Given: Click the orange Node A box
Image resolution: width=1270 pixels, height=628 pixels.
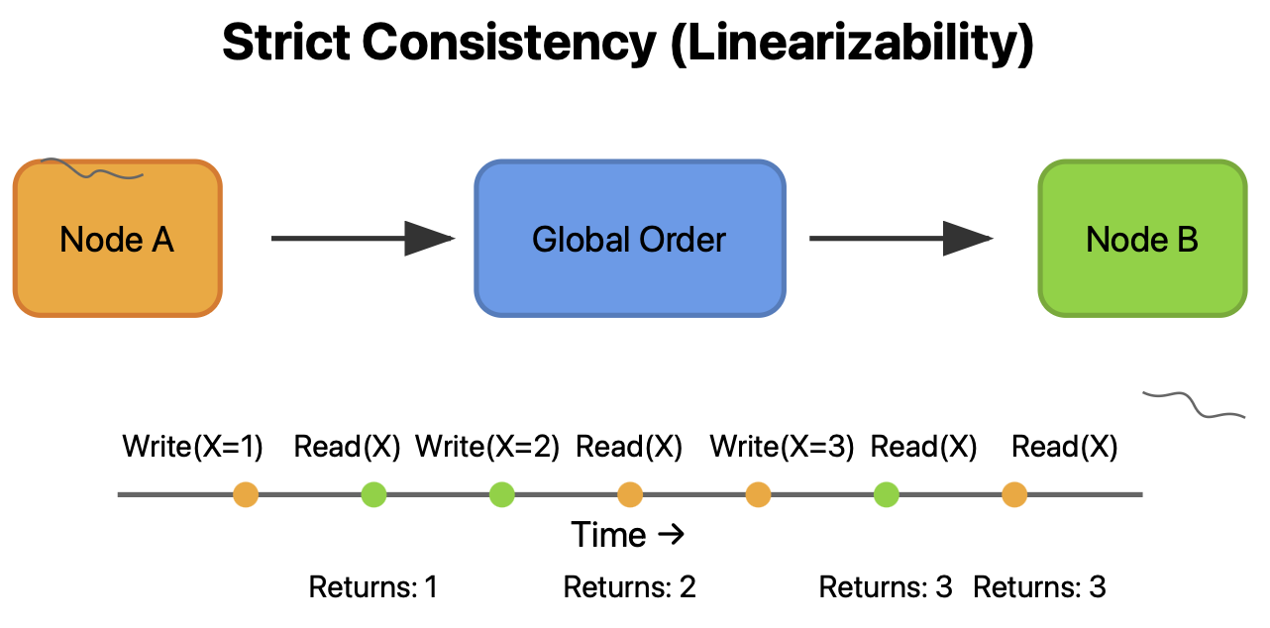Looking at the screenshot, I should click(x=117, y=239).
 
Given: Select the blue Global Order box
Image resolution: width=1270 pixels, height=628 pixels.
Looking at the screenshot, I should click(x=629, y=239).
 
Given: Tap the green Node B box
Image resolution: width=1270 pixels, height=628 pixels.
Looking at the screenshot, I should click(x=1141, y=239).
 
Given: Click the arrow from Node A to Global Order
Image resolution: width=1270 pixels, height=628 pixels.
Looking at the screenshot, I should click(x=362, y=239).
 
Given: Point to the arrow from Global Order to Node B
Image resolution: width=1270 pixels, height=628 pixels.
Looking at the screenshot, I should click(x=900, y=239).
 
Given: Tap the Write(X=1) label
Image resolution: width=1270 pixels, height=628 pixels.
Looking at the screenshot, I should click(x=193, y=447).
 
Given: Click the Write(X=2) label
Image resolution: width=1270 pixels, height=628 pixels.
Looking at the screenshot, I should click(x=487, y=447).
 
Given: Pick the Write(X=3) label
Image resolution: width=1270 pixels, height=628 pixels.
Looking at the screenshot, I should click(x=782, y=447).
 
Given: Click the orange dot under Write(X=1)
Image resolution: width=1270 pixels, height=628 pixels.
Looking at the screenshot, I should click(x=246, y=493).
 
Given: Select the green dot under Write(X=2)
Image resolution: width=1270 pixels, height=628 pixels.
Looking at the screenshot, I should click(x=501, y=493).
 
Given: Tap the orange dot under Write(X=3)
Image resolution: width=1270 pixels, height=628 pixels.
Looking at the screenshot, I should click(x=758, y=493).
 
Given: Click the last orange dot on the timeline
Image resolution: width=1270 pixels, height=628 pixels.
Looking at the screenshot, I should click(x=1013, y=493).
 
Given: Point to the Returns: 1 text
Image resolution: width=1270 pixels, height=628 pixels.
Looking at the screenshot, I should click(x=373, y=587).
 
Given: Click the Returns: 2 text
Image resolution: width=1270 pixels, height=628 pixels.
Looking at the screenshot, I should click(x=629, y=587).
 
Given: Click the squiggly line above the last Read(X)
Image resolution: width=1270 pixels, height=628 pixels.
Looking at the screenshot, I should click(x=1194, y=402).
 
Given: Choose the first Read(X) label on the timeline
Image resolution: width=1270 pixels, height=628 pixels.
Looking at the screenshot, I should click(x=347, y=447).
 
